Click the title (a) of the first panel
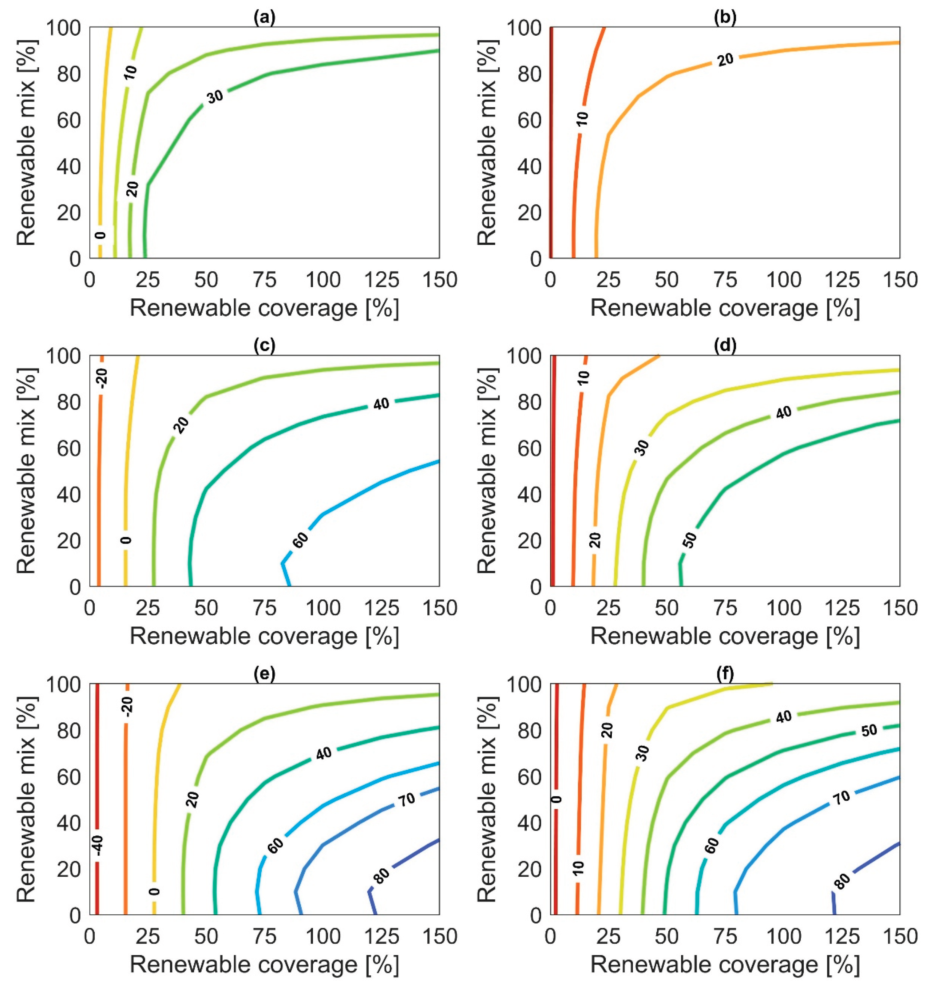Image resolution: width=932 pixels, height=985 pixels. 264,18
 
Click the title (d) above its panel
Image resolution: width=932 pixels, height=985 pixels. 724,346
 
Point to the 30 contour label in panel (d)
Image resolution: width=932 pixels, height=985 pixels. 642,448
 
